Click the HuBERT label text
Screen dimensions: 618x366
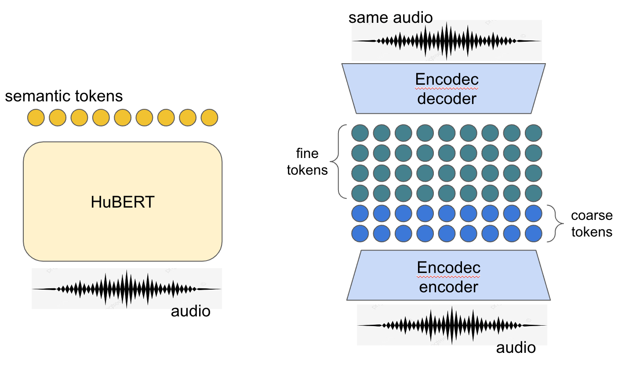123,202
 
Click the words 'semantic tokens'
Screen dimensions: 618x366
64,96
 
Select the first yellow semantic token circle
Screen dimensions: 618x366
36,118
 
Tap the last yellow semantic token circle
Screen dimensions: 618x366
209,118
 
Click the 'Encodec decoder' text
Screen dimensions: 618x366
447,89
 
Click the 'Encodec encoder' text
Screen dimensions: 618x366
448,277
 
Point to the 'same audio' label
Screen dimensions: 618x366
390,18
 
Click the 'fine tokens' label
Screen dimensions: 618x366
307,161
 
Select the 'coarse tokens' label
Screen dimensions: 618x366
592,224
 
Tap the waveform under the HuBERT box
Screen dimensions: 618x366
127,289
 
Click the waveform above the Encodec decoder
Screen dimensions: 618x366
447,41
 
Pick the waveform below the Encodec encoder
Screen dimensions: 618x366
452,325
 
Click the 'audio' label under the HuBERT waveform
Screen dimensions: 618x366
191,312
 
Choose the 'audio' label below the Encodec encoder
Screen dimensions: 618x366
516,348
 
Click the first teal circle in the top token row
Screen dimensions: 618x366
360,133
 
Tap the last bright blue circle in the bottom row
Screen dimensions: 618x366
533,233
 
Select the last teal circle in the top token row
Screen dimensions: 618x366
533,133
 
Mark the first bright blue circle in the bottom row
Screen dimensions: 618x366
360,233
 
